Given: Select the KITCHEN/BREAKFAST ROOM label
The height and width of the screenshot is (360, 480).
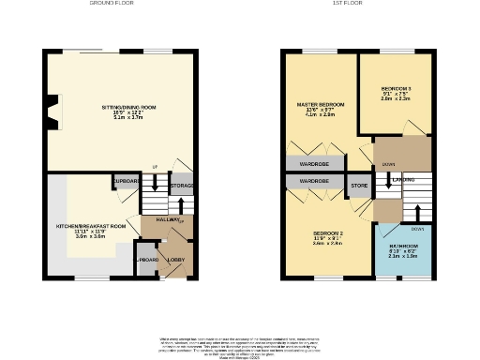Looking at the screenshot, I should pyautogui.click(x=91, y=226).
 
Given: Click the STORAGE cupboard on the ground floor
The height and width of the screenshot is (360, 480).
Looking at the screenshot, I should pyautogui.click(x=182, y=186).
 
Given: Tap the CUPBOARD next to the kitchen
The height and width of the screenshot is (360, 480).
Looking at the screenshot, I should pyautogui.click(x=127, y=180).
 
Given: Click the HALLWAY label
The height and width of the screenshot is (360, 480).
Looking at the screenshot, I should pyautogui.click(x=169, y=219).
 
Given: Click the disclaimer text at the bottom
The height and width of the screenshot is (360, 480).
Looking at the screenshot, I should pyautogui.click(x=240, y=344).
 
